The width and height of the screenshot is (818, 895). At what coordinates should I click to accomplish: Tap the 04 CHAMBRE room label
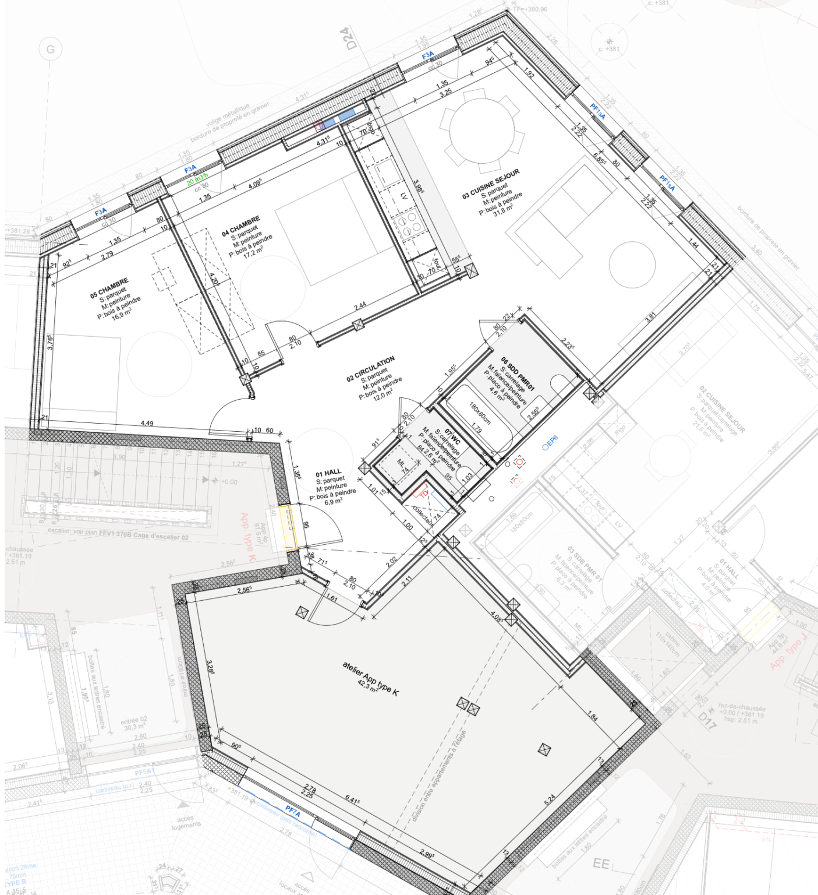point(240,226)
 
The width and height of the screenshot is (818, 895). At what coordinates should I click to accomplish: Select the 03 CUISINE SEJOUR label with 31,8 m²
point(491,184)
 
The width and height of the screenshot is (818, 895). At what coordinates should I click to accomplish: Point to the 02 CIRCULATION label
point(370,369)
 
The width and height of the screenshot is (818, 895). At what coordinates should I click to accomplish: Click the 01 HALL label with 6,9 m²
point(329,473)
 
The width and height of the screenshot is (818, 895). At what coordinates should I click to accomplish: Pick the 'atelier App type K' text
point(371,676)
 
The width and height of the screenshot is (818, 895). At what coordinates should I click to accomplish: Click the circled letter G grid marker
point(51,50)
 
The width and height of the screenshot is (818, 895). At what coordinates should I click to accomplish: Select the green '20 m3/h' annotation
point(197,177)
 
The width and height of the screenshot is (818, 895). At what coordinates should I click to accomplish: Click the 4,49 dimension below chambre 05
point(148,424)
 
